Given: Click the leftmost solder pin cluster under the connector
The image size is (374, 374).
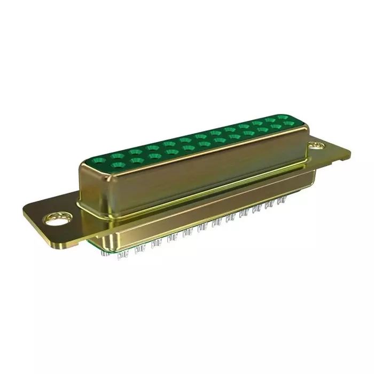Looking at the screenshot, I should click(122, 255).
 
